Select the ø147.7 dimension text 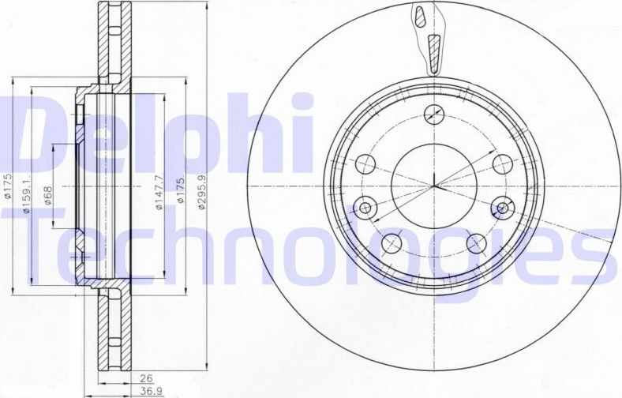click(159, 194)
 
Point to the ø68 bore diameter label click(47, 194)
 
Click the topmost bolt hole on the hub click(433, 114)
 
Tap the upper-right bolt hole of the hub click(501, 164)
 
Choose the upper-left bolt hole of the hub click(365, 164)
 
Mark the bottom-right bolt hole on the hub click(475, 242)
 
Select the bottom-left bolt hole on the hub click(390, 242)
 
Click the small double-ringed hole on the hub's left click(365, 208)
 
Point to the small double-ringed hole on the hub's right click(500, 208)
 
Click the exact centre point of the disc click(433, 186)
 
